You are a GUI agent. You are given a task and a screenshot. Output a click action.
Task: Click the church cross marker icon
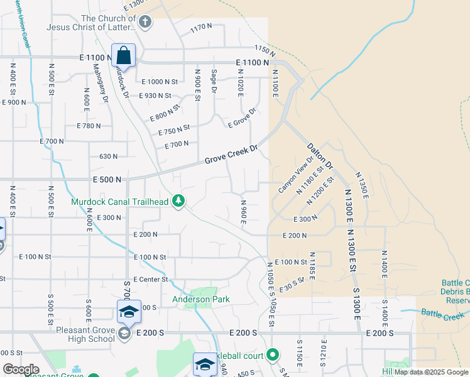point(145,23)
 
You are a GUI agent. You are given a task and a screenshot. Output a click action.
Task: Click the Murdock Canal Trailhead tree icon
point(179,201)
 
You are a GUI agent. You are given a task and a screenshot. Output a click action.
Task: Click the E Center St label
point(151,279)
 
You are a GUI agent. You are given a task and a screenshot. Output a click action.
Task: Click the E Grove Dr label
point(243,118)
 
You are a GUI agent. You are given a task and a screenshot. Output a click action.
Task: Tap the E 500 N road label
point(106,180)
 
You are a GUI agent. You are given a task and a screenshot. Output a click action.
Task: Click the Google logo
point(21,369)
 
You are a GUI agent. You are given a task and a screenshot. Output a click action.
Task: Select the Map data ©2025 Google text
point(431,372)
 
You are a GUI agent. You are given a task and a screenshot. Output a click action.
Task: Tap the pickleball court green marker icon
point(272,355)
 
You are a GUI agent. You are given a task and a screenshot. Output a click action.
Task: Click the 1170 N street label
point(201,27)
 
